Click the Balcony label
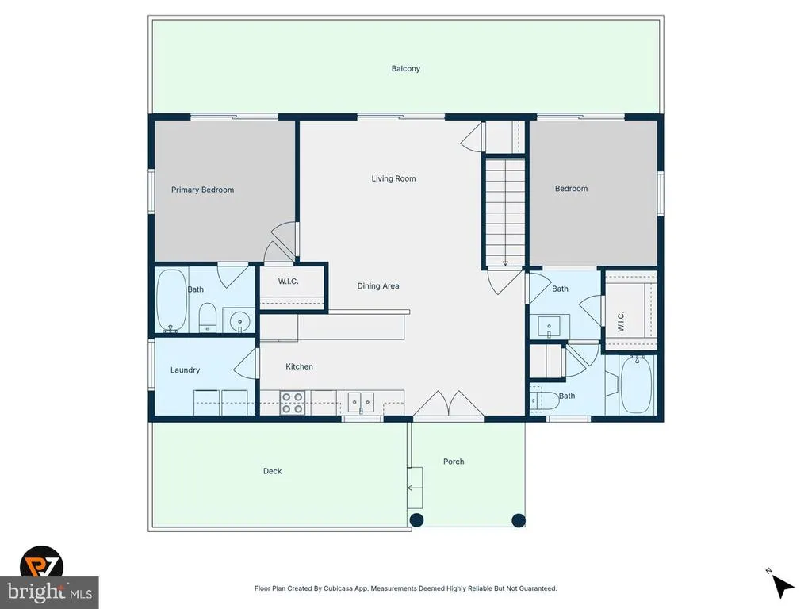point(405,68)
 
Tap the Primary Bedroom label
point(202,190)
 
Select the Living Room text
point(393,178)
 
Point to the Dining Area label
point(378,285)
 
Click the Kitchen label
point(299,366)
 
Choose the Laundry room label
point(185,370)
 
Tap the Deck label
point(273,471)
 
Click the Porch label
point(454,462)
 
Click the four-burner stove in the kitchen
point(292,403)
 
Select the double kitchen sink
point(361,402)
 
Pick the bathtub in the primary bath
point(171,301)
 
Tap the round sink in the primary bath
point(239,322)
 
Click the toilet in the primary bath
point(207,317)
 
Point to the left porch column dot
point(416,520)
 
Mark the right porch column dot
point(519,520)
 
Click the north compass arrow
point(783,586)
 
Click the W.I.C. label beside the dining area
point(288,282)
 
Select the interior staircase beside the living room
point(505,212)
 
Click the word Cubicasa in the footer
point(338,588)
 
